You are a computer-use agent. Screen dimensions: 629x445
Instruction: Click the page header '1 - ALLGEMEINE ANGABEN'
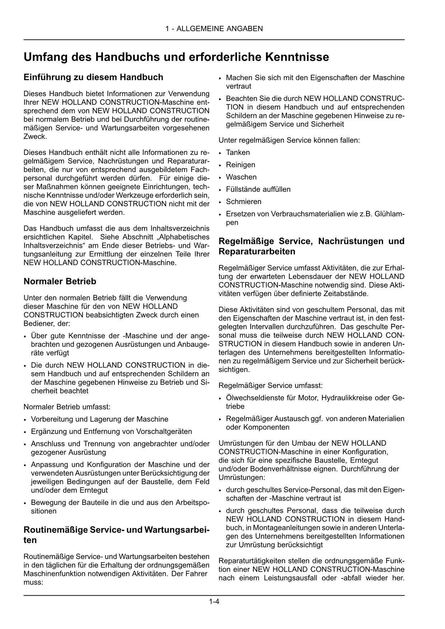214,29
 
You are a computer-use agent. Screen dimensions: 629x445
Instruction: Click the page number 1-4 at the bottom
214,602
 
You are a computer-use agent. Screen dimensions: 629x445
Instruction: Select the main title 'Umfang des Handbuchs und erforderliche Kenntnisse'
176,57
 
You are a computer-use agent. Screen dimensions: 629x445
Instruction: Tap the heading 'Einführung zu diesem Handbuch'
93,77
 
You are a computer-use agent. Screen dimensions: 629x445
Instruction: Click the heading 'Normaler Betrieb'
60,282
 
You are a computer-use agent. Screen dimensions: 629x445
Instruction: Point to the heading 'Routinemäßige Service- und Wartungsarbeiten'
117,535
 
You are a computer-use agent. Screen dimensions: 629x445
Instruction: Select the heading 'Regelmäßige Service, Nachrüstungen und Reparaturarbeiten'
311,246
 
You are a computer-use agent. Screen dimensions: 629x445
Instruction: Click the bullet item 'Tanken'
238,152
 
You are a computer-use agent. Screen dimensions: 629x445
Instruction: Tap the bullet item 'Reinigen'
240,165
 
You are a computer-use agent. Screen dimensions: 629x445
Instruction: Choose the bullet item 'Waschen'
241,177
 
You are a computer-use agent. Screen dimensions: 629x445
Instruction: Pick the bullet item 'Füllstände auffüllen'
258,189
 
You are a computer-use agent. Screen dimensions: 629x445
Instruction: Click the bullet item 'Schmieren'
243,202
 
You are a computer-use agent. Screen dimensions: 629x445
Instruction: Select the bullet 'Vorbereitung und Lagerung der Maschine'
99,419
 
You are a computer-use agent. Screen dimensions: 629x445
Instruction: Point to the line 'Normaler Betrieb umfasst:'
67,407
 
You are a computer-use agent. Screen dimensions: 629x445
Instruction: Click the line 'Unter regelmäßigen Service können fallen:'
289,140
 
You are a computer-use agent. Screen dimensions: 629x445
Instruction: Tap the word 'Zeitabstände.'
347,294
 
